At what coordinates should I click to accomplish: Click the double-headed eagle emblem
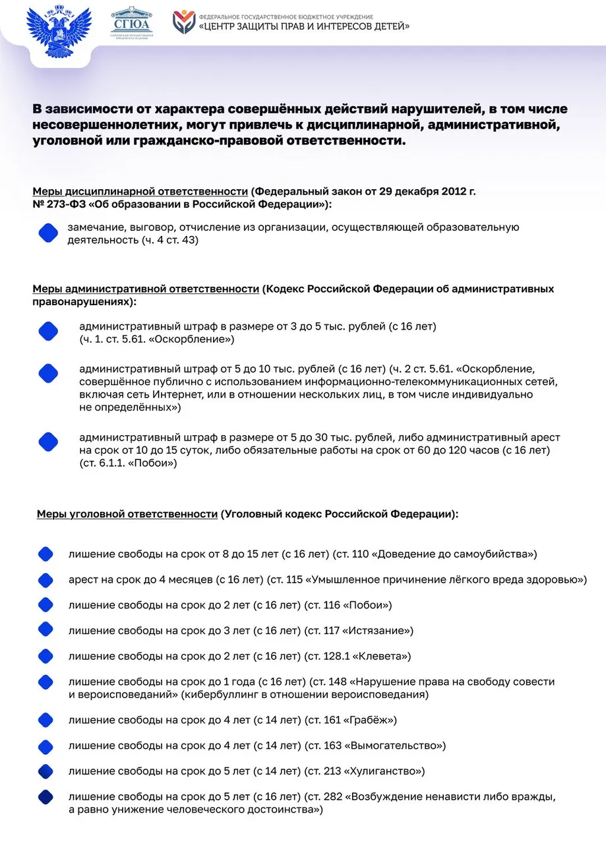tap(57, 31)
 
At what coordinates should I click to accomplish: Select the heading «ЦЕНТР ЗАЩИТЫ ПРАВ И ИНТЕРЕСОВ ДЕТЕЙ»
tap(304, 26)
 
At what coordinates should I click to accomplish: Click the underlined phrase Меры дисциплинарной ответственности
tap(140, 192)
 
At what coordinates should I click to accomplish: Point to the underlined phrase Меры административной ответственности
tap(146, 289)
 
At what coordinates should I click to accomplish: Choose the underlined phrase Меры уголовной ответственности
tap(127, 514)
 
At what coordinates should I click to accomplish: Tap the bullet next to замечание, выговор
tap(48, 233)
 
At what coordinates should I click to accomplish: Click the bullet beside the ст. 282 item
tap(45, 797)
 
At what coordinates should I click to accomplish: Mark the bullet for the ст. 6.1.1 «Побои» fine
tap(48, 442)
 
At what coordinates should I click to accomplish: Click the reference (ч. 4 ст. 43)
tap(169, 240)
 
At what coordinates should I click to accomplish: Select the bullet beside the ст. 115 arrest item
tap(45, 580)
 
